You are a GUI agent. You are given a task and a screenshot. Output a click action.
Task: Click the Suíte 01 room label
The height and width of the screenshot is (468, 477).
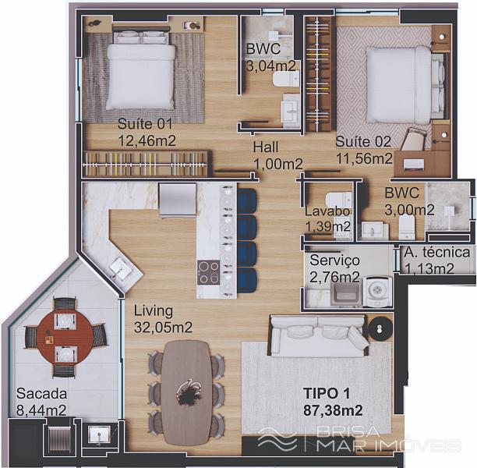(145, 124)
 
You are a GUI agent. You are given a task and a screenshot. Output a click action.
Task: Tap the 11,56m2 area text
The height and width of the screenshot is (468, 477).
(364, 158)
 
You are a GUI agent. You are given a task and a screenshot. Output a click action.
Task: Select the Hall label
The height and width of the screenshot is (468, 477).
(266, 147)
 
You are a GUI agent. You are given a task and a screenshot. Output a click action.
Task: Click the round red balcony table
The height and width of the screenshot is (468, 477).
(65, 337)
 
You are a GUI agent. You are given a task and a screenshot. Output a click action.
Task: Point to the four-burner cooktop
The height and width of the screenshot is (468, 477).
(208, 272)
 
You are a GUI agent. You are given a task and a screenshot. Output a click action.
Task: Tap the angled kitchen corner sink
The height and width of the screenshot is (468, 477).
(121, 268)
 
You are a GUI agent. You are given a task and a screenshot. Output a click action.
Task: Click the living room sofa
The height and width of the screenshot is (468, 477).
(319, 335)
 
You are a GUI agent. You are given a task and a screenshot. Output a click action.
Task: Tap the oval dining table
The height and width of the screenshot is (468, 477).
(186, 393)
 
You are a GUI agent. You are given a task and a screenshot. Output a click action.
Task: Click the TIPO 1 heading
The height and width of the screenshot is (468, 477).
(327, 393)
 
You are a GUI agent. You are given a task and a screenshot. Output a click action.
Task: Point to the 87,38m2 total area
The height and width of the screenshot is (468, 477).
(333, 411)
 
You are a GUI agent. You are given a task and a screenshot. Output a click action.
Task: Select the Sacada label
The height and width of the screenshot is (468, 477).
(41, 393)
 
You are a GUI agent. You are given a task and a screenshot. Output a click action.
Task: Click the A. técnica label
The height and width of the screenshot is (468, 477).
(437, 253)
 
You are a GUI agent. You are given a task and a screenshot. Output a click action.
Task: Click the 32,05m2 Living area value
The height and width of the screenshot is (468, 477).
(163, 328)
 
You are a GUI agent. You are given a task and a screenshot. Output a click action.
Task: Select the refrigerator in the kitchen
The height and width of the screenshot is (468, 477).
(178, 200)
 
